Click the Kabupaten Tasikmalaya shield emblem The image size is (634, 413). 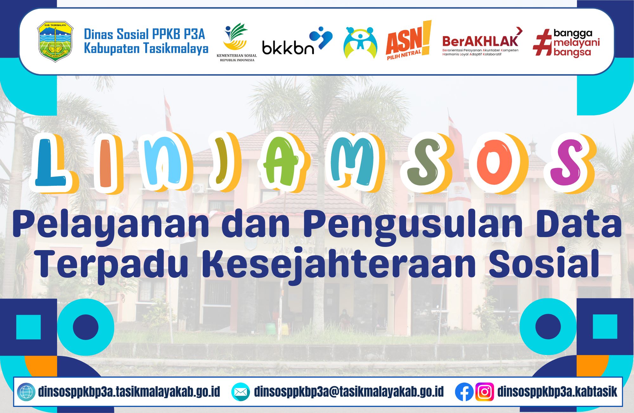(55, 42)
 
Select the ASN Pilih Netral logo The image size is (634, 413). (409, 41)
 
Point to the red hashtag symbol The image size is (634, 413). (542, 42)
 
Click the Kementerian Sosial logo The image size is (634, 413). (236, 42)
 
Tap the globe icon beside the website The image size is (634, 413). (26, 392)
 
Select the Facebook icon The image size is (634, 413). (464, 392)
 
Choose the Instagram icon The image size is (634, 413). (485, 392)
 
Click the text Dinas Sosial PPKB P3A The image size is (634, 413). (145, 34)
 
